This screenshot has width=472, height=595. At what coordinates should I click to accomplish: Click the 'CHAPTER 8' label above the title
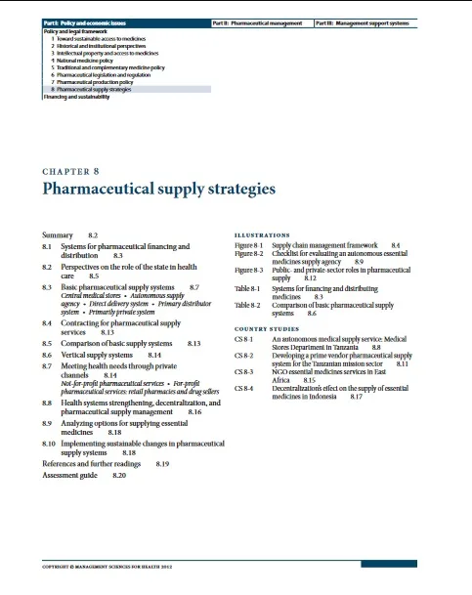[x=73, y=171]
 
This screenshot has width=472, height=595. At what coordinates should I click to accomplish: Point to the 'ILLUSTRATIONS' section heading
[x=263, y=235]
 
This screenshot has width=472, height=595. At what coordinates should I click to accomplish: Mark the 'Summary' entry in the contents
[x=60, y=236]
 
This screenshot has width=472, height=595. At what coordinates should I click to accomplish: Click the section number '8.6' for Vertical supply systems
[x=47, y=359]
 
